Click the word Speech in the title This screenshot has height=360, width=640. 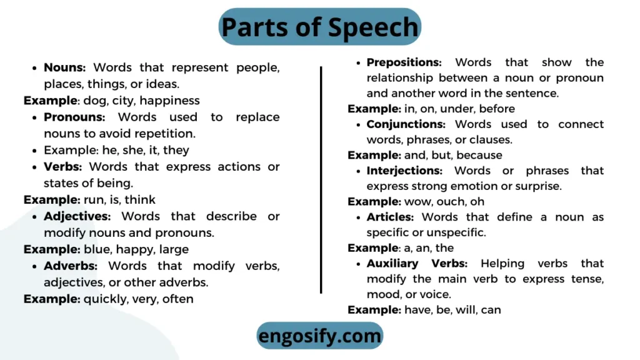point(373,27)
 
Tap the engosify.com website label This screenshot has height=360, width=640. point(320,336)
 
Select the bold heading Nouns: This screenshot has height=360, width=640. point(64,67)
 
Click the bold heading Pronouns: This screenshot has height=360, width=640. point(74,117)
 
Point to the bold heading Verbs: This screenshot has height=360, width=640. point(63,166)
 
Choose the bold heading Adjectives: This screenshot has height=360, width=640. point(77,216)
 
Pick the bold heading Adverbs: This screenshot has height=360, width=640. point(71,266)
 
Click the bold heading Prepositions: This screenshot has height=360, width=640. point(404,62)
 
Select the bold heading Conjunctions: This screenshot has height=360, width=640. point(406,124)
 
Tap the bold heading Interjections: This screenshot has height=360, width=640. point(404,171)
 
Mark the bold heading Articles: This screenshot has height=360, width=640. point(390,217)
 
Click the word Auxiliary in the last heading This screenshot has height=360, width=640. point(392,264)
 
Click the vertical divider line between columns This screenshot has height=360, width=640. point(321,180)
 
